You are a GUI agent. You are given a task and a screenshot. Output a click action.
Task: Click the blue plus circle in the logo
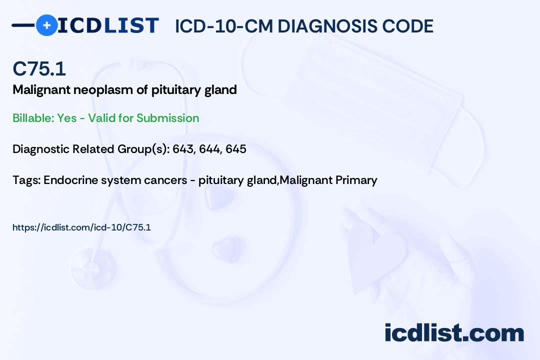[x=46, y=25]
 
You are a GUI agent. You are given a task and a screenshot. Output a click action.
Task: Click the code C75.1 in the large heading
[x=39, y=68]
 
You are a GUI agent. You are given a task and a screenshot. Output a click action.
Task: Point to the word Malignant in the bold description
[x=41, y=90]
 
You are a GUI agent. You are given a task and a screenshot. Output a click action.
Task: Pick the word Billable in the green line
[x=33, y=118]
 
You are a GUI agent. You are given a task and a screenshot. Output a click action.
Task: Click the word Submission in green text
[x=167, y=118]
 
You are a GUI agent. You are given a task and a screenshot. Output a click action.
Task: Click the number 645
[x=236, y=149]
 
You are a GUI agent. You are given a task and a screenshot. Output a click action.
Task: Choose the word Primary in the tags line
[x=356, y=180]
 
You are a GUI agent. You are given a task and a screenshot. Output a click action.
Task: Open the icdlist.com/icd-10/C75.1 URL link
[x=81, y=227]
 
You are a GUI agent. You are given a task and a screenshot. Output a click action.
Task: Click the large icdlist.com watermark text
[x=454, y=333]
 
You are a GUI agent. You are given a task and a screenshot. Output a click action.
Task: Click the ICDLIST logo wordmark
[x=108, y=25]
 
